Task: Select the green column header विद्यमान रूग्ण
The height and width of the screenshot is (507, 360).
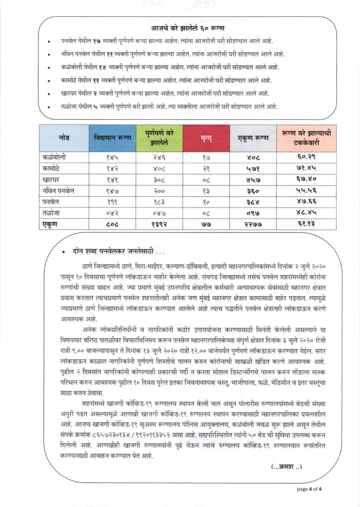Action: [x=112, y=139]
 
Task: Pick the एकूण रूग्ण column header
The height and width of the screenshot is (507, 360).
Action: [x=254, y=139]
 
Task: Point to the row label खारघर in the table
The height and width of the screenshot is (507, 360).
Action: [x=53, y=179]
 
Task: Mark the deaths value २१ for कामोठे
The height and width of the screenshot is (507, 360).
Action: [x=206, y=168]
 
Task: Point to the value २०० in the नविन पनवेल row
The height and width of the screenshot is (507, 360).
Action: [x=159, y=190]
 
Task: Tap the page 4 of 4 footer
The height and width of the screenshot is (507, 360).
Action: [x=309, y=489]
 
